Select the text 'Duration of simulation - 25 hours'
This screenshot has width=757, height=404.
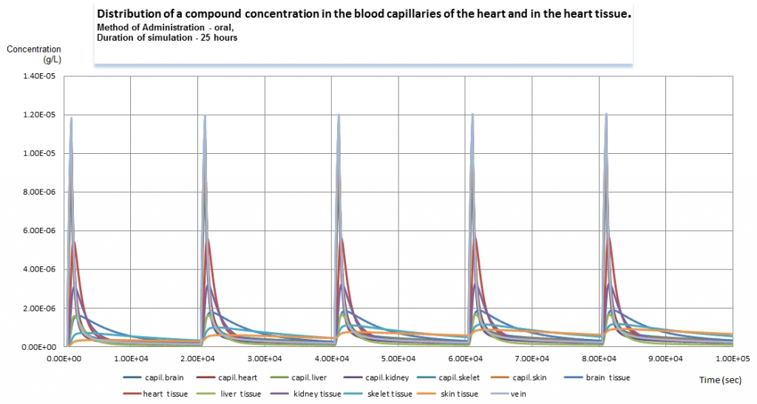click(x=167, y=37)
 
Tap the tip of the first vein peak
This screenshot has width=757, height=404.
click(x=72, y=117)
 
